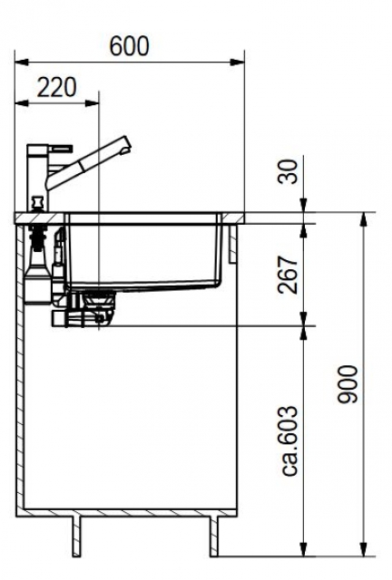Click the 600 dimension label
coord(130,46)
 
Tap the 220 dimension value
coord(56,87)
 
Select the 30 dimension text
coord(288,171)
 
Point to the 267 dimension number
coord(288,275)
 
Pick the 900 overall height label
coord(348,384)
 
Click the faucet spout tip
coord(126,144)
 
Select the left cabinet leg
coord(76,536)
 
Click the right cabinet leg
coord(214,536)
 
